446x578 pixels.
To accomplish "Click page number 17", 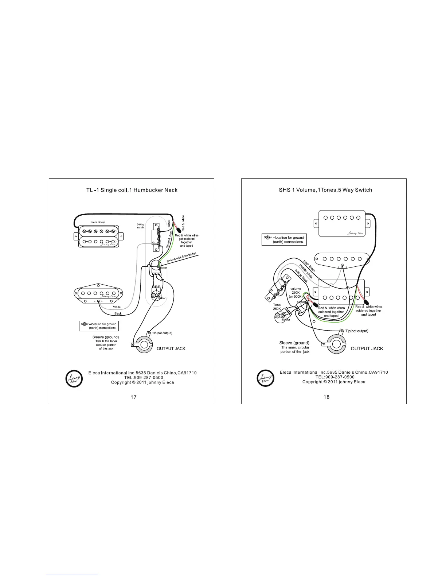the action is coord(133,397).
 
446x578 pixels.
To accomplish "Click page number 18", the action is coord(326,397).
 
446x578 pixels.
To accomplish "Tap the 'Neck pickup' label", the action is coord(98,222).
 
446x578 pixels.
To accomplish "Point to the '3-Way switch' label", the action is coord(140,226).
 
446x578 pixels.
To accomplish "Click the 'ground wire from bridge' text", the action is coord(181,257).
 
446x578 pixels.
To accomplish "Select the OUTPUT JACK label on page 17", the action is coord(171,348).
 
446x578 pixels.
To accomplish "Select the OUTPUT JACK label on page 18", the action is coord(367,348).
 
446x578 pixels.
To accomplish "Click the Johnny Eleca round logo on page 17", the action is coord(74,379).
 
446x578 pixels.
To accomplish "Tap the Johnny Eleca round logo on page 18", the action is coord(266,378).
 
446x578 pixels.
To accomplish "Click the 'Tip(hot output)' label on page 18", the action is coord(357,331).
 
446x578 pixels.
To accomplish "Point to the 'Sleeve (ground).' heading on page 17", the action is coord(106,337).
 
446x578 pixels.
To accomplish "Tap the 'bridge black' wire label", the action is coord(301,276).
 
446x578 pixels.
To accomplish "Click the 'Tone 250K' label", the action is coord(277,307).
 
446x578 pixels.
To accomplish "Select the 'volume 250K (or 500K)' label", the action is coord(296,293).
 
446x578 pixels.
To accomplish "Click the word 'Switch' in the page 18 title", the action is coord(363,190).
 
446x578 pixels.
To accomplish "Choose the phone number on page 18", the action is coord(335,377).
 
